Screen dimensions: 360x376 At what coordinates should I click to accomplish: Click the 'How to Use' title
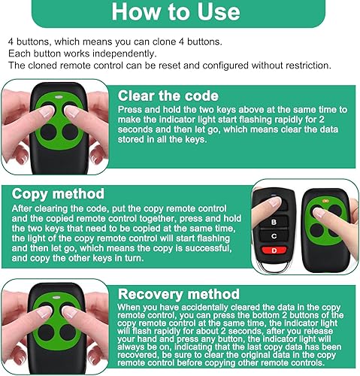click(x=176, y=12)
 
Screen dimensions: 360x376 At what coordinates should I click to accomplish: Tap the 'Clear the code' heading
click(x=168, y=96)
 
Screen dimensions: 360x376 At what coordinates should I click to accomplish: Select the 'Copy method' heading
click(x=58, y=194)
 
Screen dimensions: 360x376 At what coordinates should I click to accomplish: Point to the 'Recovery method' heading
click(x=179, y=294)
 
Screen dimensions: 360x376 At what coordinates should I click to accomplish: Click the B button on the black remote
click(x=274, y=222)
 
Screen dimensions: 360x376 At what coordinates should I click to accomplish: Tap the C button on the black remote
click(x=274, y=236)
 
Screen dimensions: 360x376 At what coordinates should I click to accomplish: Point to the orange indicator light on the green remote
click(x=325, y=201)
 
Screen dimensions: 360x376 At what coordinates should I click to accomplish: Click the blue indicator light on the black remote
click(x=274, y=196)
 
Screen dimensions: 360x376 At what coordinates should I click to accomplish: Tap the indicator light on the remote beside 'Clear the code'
click(x=59, y=97)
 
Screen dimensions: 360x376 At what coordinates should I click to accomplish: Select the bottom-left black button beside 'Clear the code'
click(x=48, y=132)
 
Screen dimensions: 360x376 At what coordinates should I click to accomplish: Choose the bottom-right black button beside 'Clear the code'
click(x=70, y=132)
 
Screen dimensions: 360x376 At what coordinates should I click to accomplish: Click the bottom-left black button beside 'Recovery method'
click(x=46, y=332)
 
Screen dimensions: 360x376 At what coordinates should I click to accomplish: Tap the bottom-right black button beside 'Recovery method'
click(x=68, y=332)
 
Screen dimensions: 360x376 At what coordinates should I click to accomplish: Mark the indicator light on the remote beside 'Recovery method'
click(x=56, y=298)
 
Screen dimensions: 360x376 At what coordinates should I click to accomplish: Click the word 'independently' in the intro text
click(x=124, y=53)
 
